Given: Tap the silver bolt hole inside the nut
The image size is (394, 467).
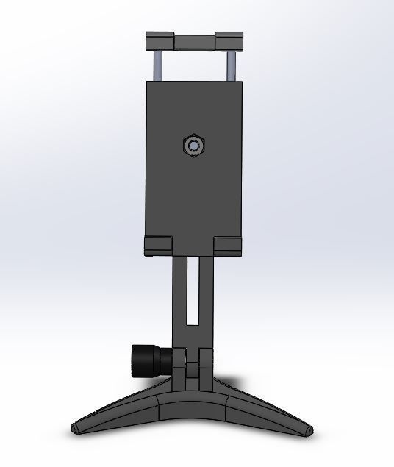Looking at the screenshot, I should click(193, 146).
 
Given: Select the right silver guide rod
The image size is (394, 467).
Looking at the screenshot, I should click(230, 64).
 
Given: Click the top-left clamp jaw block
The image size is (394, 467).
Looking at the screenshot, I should click(159, 40).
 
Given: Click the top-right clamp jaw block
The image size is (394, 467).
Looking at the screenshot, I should click(229, 40).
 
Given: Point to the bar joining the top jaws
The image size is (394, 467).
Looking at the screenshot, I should click(194, 40).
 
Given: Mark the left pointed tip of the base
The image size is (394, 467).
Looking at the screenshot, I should click(76, 427).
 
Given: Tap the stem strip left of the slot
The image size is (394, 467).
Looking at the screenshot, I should click(180, 294).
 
